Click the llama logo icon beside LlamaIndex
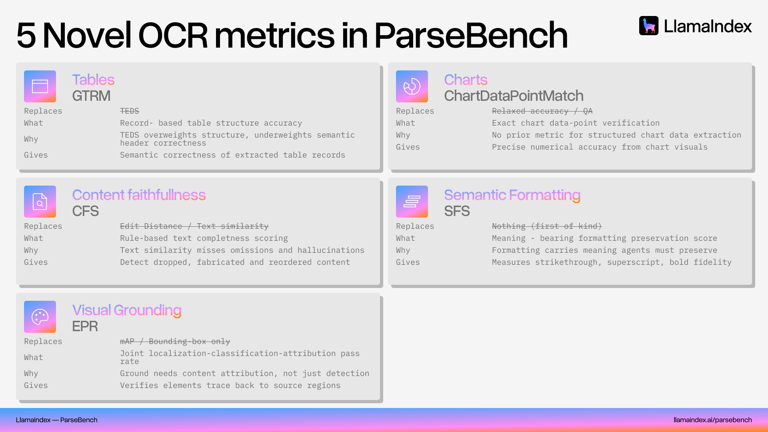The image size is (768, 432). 648,26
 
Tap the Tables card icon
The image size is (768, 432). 40,86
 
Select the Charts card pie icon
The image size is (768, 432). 412,86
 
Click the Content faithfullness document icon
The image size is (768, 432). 40,202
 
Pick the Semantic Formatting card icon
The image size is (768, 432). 412,202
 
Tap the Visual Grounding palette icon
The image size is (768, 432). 40,317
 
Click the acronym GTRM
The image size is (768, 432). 91,96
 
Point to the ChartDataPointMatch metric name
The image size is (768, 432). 514,96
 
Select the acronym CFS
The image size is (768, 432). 85,211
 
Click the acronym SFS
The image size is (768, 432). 457,211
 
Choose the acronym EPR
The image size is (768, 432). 85,326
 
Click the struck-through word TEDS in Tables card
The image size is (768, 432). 130,111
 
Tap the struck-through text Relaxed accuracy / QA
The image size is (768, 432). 542,111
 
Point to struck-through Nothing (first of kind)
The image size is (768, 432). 547,226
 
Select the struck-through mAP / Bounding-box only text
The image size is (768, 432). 175,341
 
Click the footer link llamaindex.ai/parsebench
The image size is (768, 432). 712,420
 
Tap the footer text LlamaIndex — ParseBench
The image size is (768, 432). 56,420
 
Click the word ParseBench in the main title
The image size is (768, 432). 471,35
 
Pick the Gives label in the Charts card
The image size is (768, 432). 408,147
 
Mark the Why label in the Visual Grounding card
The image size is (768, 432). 31,373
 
